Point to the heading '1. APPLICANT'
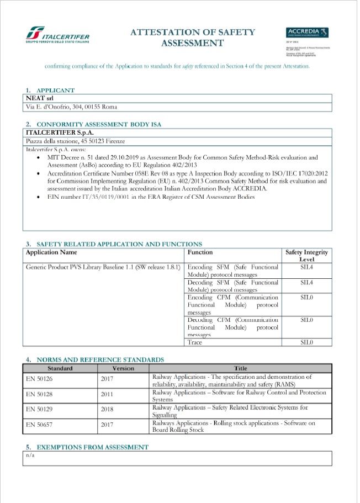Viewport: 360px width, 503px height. tap(50, 90)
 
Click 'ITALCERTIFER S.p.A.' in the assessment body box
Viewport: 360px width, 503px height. tap(60, 133)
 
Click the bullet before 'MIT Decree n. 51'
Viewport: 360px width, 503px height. tap(37, 158)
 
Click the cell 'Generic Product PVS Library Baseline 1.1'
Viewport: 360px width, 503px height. tap(103, 267)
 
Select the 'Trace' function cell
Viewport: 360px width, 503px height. tap(195, 342)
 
